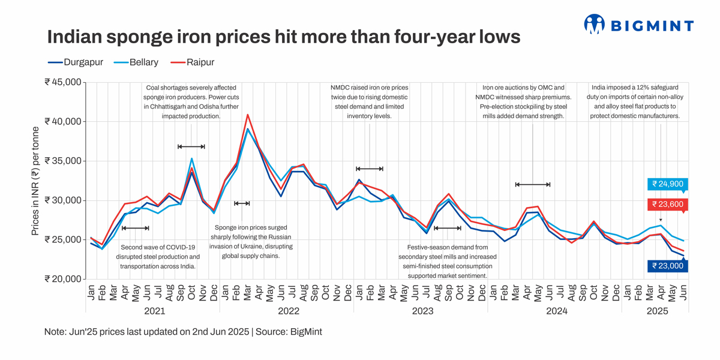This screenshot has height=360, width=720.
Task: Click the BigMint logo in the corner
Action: coord(638,25)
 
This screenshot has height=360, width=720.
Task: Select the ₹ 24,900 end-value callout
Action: coord(668,184)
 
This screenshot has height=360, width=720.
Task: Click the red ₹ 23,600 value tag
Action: coord(668,204)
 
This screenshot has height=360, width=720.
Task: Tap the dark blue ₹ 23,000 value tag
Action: coord(668,266)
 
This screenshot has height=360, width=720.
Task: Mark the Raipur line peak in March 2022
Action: coord(248,114)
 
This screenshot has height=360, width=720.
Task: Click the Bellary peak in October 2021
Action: coord(191,158)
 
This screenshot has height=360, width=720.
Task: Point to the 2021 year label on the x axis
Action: coord(154,311)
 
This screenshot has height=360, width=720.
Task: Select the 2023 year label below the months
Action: coord(422,311)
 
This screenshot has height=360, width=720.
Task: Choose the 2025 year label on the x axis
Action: coord(656,311)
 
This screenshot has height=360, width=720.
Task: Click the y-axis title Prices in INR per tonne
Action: coord(35,181)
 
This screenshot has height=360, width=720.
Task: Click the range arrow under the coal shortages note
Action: coord(191,146)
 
